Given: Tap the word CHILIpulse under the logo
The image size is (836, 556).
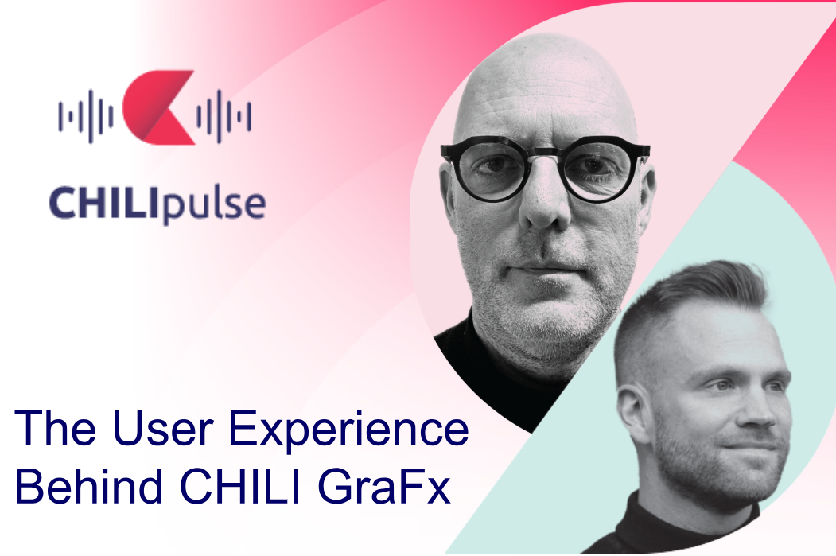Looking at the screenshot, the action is pyautogui.click(x=157, y=204).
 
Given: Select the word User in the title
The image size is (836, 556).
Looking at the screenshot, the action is pyautogui.click(x=163, y=429).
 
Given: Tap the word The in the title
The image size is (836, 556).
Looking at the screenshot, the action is pyautogui.click(x=56, y=429).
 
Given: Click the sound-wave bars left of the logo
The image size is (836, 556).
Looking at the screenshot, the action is pyautogui.click(x=85, y=116).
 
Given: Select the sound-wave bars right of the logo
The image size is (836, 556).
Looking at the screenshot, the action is pyautogui.click(x=224, y=116).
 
